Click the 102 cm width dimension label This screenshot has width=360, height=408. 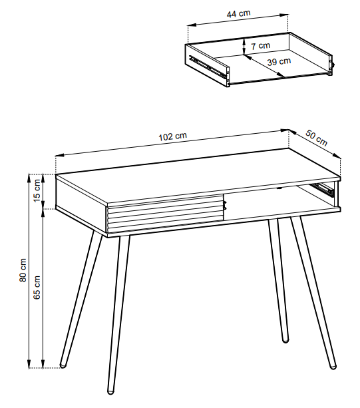pos(173,136)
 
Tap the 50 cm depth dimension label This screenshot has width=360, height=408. pos(316,138)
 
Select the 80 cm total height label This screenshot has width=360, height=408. pos(23,270)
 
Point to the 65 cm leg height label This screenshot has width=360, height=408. pos(37,288)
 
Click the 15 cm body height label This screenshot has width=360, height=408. pos(37,190)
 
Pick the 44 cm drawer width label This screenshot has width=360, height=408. pos(238,13)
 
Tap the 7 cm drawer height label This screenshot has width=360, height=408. pos(261,46)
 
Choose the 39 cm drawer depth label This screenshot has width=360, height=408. pos(279,62)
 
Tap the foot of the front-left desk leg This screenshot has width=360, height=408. pos(111,391)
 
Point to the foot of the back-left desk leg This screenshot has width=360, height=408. pos(63,365)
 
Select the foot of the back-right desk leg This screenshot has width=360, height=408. pos(285,339)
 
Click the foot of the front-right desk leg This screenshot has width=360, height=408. pos(333,366)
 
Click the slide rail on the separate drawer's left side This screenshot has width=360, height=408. pos(208,67)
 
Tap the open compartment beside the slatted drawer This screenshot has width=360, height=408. pos(281,201)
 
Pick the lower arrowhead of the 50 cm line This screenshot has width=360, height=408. pos(336,155)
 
